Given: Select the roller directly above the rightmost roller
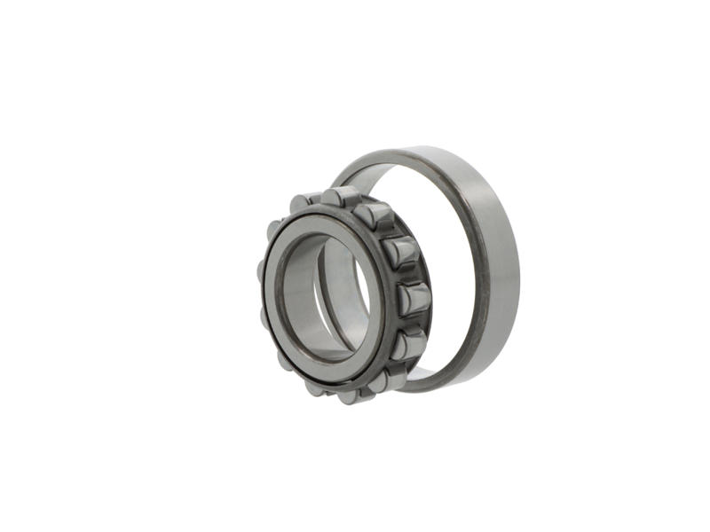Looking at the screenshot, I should pos(400,253).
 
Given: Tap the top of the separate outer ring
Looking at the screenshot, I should pos(417,153).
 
